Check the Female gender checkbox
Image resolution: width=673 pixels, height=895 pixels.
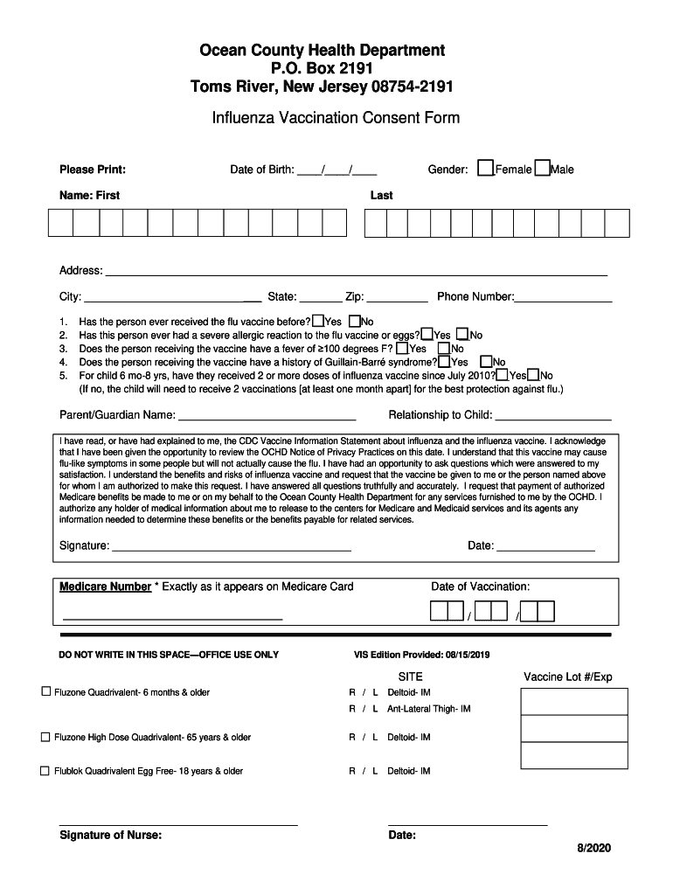coord(486,169)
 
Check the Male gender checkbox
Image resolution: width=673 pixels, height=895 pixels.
coord(542,169)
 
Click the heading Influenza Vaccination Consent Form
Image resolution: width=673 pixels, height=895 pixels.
coord(336,118)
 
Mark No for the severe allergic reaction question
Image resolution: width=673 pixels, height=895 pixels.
coord(462,334)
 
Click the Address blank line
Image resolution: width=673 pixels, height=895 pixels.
coord(356,272)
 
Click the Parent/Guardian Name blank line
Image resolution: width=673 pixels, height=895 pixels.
coord(267,416)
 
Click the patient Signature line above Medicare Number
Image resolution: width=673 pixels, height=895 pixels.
coord(232,547)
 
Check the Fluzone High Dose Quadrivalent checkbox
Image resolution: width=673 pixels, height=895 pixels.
coord(45,737)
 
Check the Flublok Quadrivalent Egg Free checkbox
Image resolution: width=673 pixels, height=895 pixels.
coord(45,771)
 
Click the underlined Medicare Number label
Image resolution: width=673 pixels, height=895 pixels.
coord(105,586)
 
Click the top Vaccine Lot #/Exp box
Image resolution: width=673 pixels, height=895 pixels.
coord(573,702)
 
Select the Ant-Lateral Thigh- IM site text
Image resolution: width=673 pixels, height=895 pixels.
coord(428,709)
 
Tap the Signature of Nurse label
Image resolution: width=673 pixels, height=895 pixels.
coord(110,835)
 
